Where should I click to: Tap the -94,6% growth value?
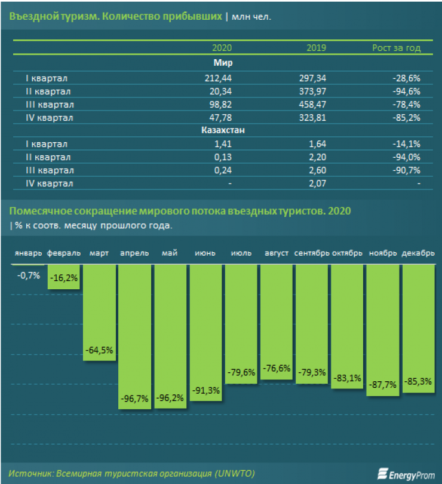click(x=407, y=91)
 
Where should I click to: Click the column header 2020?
click(x=222, y=48)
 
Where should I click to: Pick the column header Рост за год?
click(x=396, y=48)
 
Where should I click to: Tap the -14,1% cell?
click(x=407, y=144)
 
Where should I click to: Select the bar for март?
click(x=99, y=317)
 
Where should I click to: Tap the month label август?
click(x=277, y=253)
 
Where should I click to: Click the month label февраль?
click(x=63, y=253)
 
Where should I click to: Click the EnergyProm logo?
click(x=403, y=474)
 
